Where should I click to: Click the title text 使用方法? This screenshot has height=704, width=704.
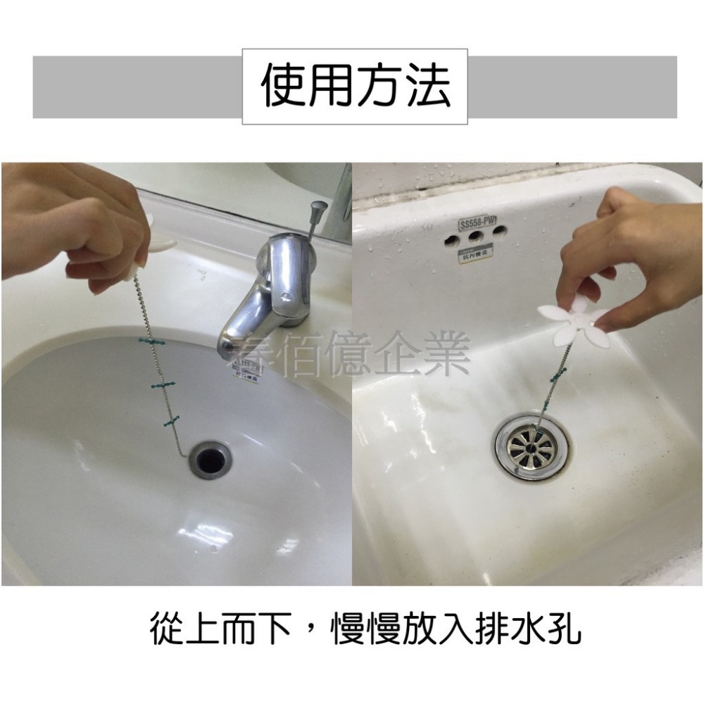pos(355,87)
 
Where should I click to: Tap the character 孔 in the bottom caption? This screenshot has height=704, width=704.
pos(564,629)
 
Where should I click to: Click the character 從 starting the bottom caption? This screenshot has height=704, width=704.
pos(168,629)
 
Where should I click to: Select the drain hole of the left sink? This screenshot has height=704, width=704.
pos(210,458)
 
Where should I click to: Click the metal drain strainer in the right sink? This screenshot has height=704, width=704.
pos(532,446)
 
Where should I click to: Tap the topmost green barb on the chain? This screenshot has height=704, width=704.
pos(153,341)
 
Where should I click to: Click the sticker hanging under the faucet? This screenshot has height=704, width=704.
pos(246,370)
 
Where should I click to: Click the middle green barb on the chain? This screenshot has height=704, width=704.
pos(162,386)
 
